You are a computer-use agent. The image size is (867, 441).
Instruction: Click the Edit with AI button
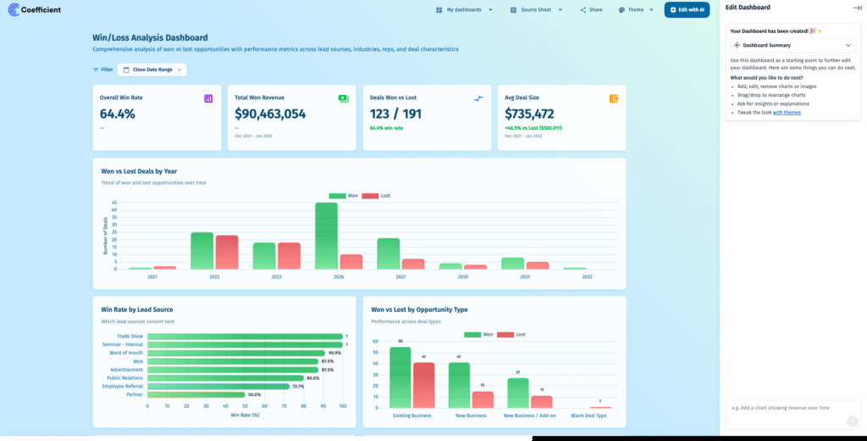[687, 9]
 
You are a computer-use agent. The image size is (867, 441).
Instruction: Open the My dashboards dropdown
[464, 9]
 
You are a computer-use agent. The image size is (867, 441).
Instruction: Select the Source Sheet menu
[536, 9]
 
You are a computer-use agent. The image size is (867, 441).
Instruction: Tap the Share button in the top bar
[591, 9]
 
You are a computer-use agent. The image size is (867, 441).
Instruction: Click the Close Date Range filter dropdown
[152, 70]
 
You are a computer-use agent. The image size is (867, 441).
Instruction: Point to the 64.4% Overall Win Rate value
[118, 114]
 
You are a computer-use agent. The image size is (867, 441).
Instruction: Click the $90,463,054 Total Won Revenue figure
[270, 114]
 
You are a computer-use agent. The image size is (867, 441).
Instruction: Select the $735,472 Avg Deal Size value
[529, 114]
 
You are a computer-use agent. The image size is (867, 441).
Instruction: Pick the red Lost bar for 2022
[227, 253]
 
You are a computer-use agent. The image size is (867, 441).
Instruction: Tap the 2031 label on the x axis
[525, 276]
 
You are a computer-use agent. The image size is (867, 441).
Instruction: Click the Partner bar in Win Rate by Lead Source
[196, 394]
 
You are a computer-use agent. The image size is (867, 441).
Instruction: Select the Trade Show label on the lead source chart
[130, 337]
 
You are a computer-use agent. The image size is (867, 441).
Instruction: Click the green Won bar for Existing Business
[400, 377]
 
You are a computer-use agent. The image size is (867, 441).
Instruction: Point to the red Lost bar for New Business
[483, 399]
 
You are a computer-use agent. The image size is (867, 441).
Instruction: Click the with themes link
[787, 112]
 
